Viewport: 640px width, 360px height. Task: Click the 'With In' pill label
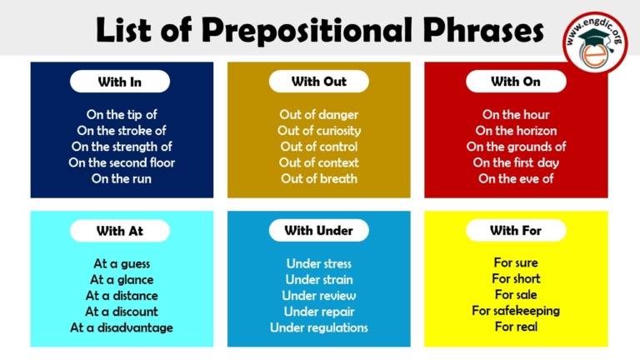tap(120, 82)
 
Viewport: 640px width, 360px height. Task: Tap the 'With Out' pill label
tap(318, 82)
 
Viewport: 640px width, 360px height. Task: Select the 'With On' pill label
tap(516, 82)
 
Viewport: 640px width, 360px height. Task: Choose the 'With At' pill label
tap(120, 231)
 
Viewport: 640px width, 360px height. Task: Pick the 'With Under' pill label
tap(318, 231)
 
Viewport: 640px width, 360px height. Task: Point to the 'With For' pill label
tap(516, 231)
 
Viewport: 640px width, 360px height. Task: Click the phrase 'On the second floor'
tap(122, 162)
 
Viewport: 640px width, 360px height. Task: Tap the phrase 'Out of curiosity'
tap(319, 131)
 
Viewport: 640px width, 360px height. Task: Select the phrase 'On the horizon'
tap(516, 131)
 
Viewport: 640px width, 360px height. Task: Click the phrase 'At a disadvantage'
tap(122, 327)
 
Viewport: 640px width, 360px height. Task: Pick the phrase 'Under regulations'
tap(319, 327)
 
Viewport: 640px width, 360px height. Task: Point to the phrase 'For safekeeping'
tap(516, 311)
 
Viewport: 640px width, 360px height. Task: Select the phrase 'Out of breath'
tap(319, 178)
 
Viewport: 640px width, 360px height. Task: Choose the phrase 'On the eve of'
tap(516, 178)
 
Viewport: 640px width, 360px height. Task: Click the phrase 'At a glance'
tap(122, 280)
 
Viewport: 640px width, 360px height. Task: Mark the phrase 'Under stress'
tap(319, 264)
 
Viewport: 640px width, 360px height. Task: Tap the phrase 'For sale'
tap(516, 295)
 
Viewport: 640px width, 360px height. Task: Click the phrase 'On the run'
tap(122, 178)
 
